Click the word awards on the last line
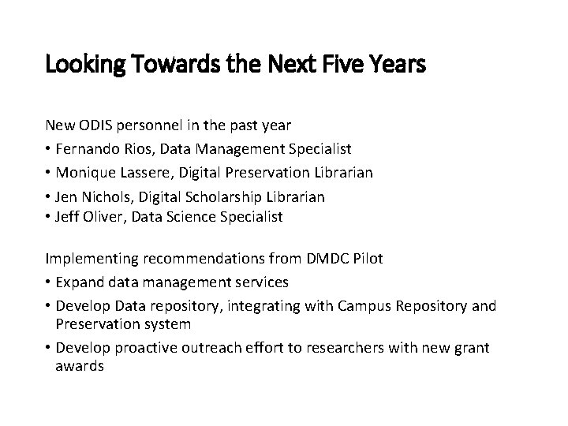pos(80,367)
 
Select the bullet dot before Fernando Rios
pos(49,149)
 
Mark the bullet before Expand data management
pos(49,282)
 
